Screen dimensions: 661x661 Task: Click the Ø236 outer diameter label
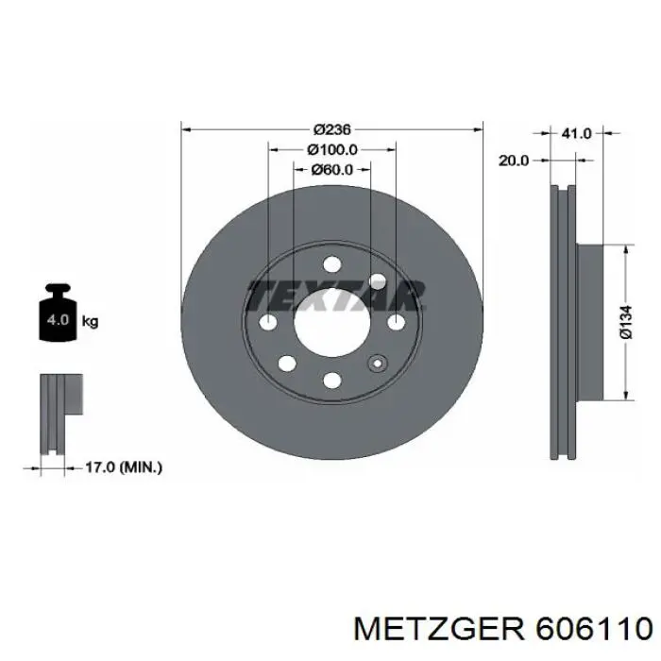tap(331, 128)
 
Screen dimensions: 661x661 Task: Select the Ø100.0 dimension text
tap(331, 149)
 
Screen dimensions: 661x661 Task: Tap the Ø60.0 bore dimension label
tap(331, 170)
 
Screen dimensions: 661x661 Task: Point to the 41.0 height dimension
tap(576, 134)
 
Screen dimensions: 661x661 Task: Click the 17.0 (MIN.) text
tap(123, 466)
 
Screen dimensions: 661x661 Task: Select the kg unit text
tap(91, 321)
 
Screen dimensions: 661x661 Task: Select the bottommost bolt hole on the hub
tap(331, 380)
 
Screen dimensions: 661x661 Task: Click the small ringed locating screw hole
tap(378, 364)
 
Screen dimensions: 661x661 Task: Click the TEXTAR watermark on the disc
tap(335, 295)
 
